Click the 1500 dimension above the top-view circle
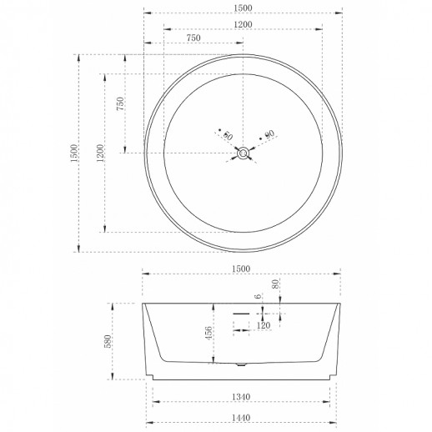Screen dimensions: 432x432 243,8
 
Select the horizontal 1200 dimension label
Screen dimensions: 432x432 243,24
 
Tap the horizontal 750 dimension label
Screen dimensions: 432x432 193,38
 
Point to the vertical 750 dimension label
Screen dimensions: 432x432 120,103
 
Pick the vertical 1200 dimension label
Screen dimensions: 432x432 100,153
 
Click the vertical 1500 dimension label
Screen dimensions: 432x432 74,153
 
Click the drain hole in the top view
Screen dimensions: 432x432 243,153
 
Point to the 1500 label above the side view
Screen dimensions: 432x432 241,269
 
